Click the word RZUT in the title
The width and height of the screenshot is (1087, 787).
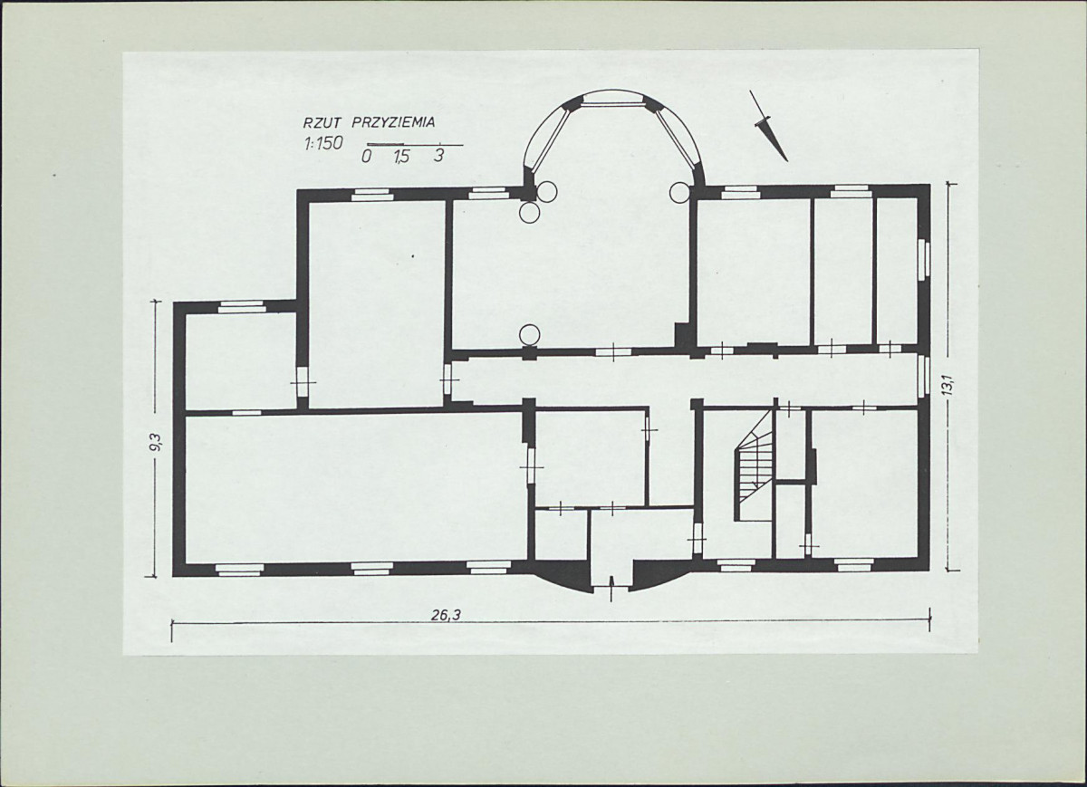[x=322, y=123]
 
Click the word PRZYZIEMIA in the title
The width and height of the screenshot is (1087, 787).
[x=393, y=122]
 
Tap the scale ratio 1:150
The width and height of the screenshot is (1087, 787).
[x=323, y=143]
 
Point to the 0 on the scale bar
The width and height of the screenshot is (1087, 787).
[x=367, y=157]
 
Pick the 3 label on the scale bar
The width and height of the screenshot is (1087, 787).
[x=439, y=155]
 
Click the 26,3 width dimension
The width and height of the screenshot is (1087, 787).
[x=447, y=615]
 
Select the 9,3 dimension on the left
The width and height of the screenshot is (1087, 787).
[x=156, y=442]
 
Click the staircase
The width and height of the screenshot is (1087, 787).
[x=754, y=465]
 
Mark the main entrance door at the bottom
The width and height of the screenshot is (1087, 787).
[x=611, y=585]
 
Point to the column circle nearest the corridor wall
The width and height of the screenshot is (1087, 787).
[x=529, y=335]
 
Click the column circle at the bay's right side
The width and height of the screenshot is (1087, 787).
[x=679, y=192]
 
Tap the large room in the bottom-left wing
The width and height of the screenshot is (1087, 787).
[x=356, y=488]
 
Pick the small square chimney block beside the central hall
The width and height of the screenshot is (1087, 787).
[x=684, y=335]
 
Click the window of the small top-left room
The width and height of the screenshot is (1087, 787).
[x=242, y=307]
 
